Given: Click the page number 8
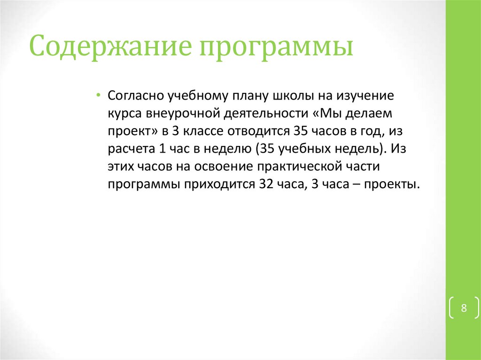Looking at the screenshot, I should click(x=464, y=308).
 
